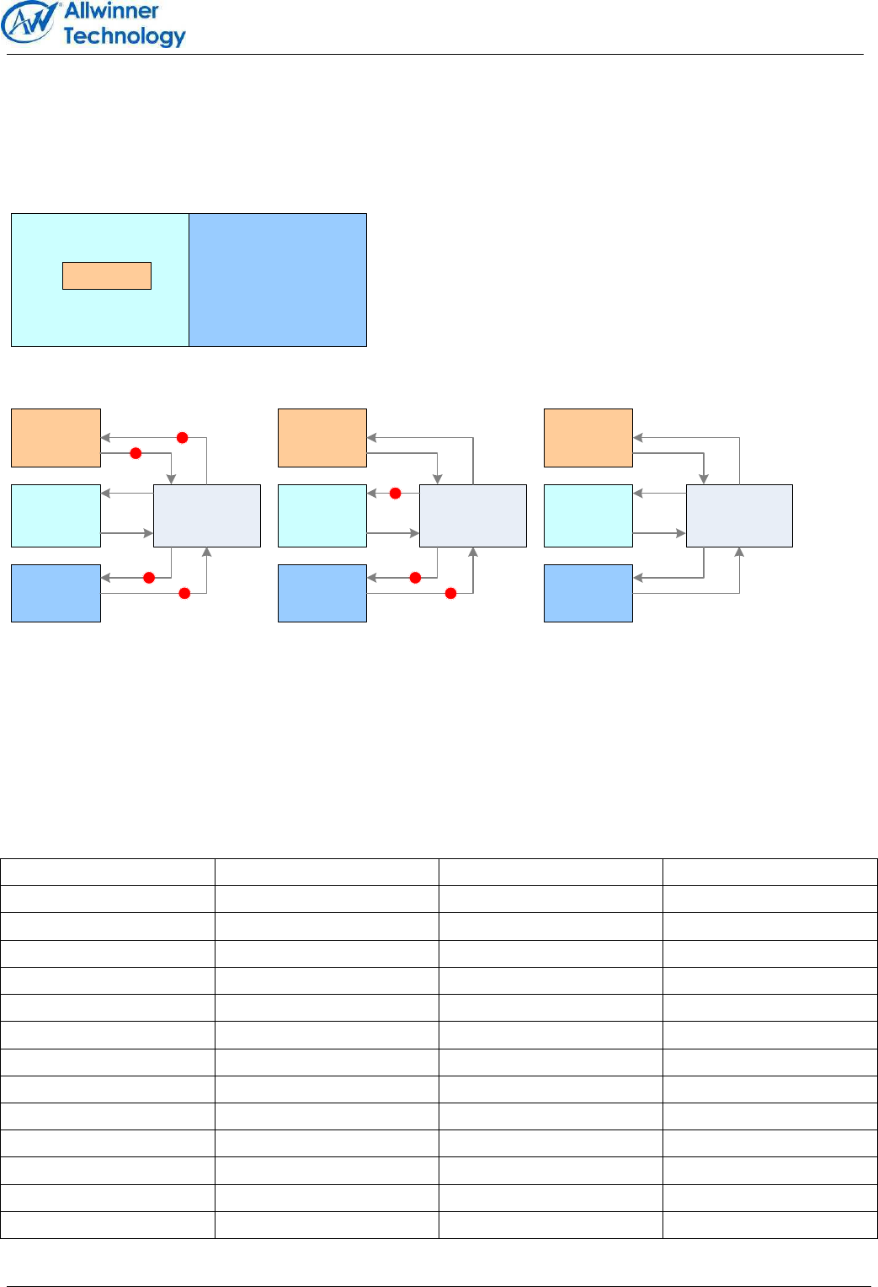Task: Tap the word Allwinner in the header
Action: coord(111,11)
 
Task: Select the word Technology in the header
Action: coord(124,36)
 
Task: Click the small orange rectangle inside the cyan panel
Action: coord(107,275)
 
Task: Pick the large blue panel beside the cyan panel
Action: coord(278,280)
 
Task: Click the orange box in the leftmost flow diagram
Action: coord(56,438)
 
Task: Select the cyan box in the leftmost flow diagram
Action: coord(56,515)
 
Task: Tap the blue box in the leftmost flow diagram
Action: coord(56,593)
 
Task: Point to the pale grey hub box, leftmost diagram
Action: coord(207,515)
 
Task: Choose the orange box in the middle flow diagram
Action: coord(322,438)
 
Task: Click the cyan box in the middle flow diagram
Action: coord(322,515)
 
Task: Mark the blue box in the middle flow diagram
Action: coord(322,593)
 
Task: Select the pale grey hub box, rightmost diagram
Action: coord(739,515)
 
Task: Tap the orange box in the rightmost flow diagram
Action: coord(588,438)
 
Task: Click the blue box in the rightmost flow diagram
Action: coord(588,593)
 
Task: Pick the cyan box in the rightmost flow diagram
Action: coord(588,515)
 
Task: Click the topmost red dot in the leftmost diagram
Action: coord(182,437)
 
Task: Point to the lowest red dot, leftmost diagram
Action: coord(184,594)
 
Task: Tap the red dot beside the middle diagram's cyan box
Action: coord(395,494)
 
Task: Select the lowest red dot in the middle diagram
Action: coord(450,594)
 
